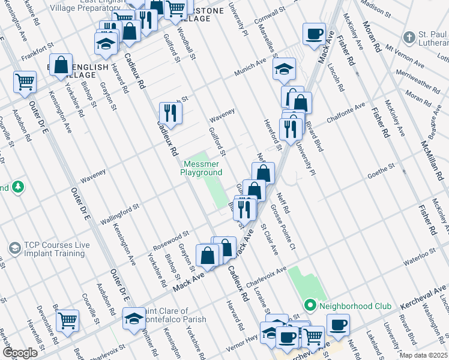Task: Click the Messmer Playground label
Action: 202,168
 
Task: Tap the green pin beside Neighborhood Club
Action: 310,305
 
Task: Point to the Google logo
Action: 20,353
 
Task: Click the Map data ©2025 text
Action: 423,355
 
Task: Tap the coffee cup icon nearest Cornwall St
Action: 314,33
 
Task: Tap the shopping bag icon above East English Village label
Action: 61,65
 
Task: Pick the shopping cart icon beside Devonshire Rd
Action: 67,320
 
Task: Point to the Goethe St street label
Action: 381,166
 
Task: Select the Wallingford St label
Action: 119,214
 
